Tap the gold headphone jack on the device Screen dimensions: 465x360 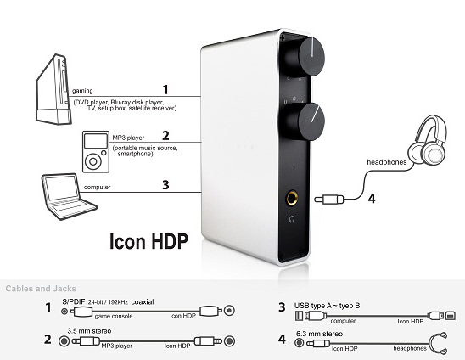coord(292,198)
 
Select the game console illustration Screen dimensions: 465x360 coord(53,89)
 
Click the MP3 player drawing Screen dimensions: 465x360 coord(96,152)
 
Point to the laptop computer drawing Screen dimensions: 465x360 coord(68,196)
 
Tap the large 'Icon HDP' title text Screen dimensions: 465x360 coord(148,241)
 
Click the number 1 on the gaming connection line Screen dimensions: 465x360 coord(165,90)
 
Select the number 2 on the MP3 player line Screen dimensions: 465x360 coord(165,136)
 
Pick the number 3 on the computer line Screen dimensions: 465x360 coord(165,185)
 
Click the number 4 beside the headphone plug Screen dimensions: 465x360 coord(372,199)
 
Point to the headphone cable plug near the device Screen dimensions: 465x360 coord(329,200)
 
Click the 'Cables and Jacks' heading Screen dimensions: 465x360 coord(41,289)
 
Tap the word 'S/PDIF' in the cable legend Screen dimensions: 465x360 coord(74,301)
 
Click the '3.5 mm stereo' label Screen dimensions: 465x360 coord(89,331)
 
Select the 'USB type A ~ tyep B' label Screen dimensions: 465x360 coord(327,306)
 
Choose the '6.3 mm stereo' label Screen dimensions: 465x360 coord(319,334)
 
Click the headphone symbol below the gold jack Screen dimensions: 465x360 coord(292,219)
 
